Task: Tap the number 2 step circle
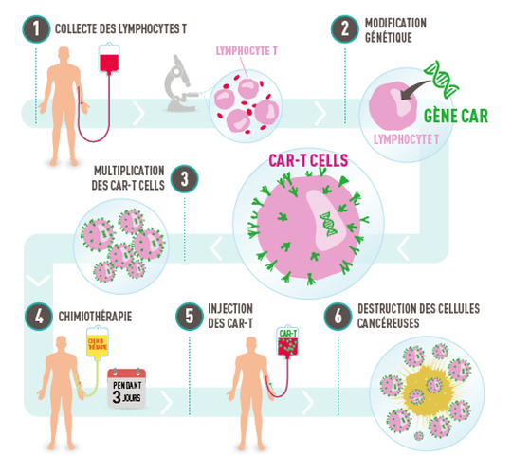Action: [340, 28]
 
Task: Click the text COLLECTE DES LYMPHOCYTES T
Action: [121, 27]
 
